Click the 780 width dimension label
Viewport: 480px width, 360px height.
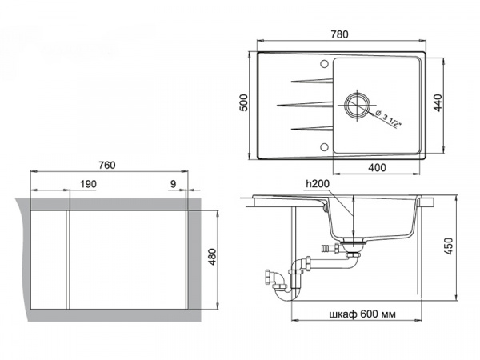[339, 34]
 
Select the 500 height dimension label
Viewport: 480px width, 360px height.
[243, 102]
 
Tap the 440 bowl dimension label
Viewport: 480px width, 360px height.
[438, 103]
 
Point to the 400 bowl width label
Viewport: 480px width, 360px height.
[377, 167]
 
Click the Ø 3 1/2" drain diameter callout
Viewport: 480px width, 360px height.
[389, 118]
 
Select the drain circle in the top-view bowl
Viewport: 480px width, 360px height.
[357, 104]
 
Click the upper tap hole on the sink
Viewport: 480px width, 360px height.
[324, 64]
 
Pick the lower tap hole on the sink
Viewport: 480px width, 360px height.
[324, 147]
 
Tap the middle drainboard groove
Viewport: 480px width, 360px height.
[305, 105]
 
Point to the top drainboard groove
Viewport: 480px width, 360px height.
[312, 81]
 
